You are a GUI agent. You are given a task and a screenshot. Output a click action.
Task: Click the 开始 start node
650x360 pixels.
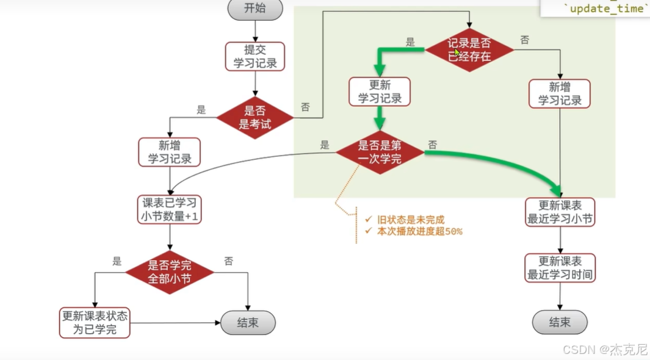pos(255,9)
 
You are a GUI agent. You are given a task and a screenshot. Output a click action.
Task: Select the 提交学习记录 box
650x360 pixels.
pos(255,56)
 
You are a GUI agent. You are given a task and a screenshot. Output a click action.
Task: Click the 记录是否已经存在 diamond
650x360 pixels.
pos(469,50)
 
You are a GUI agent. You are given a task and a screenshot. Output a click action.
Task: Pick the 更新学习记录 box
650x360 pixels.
pos(380,92)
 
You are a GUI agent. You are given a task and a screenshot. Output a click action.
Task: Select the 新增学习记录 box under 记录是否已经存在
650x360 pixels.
pos(560,93)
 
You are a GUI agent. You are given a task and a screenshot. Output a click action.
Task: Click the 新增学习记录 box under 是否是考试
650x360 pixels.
pos(170,152)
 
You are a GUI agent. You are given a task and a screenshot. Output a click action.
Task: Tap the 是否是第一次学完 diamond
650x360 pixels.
pos(380,152)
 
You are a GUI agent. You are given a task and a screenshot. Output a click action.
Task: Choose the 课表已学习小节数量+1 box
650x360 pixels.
pos(170,209)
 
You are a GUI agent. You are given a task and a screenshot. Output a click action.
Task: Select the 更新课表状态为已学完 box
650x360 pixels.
pos(95,323)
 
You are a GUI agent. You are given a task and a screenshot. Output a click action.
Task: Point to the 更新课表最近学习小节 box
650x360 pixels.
pos(560,212)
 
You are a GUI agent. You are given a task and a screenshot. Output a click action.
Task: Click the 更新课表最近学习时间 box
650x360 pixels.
pos(560,267)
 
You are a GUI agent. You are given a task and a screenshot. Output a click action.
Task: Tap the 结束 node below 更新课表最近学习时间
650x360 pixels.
pos(560,322)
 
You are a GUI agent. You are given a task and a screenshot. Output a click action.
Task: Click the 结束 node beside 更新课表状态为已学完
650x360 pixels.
pos(248,323)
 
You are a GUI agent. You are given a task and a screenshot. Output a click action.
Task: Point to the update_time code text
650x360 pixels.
pos(606,9)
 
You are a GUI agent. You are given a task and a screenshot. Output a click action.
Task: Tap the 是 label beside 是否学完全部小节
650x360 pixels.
pos(117,261)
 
